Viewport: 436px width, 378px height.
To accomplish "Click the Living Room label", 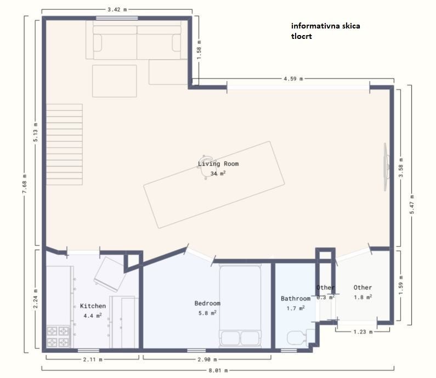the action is (x=218, y=164).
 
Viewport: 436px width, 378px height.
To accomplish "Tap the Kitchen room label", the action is (x=93, y=306).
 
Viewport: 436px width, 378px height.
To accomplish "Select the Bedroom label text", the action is (x=207, y=303).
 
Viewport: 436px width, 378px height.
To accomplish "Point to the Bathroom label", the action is (x=296, y=299).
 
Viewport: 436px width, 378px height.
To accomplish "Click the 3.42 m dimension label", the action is (x=117, y=9).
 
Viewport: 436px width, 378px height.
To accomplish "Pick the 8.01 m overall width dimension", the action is (x=218, y=370).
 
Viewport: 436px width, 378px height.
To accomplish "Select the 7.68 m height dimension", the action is (x=25, y=184).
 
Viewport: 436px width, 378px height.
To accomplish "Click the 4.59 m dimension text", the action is (x=293, y=78).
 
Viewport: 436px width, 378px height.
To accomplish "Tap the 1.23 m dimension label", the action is (x=363, y=331).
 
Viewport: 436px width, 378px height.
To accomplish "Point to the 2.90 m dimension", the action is (x=207, y=359).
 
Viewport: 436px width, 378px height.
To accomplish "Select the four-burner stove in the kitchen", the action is (x=58, y=336).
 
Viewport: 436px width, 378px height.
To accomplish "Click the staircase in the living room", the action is (x=64, y=145).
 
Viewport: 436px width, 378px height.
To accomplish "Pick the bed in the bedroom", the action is (x=240, y=306).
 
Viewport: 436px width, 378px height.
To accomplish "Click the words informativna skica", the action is (x=326, y=26).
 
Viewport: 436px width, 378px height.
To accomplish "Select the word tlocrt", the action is (x=302, y=36).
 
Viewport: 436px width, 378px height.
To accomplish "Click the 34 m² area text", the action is (x=218, y=173).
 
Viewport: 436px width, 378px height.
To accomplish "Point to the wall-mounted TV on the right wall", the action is (x=386, y=167).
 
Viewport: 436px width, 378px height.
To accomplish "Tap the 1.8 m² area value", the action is (x=363, y=297).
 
